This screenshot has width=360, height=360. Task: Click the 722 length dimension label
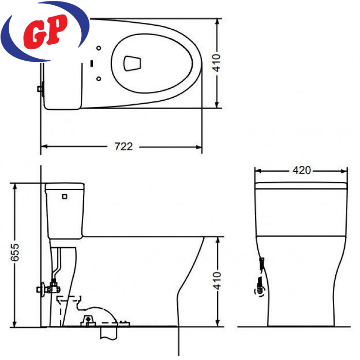click(x=124, y=146)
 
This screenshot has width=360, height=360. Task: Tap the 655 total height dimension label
click(x=15, y=252)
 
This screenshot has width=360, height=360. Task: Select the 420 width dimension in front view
click(x=302, y=170)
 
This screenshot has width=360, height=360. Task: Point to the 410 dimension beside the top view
click(x=216, y=63)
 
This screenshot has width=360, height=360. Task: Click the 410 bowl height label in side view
click(x=217, y=281)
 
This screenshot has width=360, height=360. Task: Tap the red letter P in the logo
click(x=57, y=29)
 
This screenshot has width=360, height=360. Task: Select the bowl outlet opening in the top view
click(x=132, y=63)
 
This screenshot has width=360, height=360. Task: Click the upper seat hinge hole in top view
click(x=99, y=48)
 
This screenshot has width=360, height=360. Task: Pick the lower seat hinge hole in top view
click(x=99, y=79)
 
